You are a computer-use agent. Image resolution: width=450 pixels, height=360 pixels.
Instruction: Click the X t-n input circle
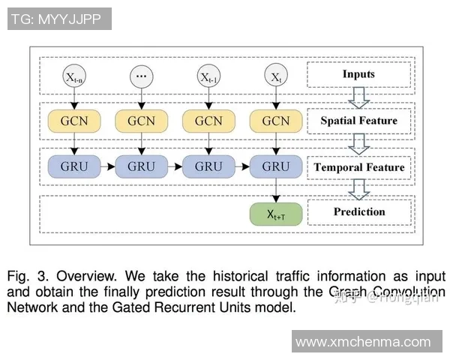click(x=73, y=76)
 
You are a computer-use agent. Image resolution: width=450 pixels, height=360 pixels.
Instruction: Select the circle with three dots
click(x=141, y=76)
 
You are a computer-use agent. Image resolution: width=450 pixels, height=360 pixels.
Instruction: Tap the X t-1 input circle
click(x=208, y=76)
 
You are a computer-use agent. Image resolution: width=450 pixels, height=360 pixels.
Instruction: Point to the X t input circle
click(x=275, y=76)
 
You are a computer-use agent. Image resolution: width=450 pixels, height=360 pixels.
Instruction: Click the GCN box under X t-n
click(x=73, y=121)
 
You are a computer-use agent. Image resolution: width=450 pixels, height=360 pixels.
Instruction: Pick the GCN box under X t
click(x=275, y=121)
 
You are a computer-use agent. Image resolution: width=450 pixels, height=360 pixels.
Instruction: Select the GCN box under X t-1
click(x=208, y=121)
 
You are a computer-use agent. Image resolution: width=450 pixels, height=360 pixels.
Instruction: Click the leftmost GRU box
click(x=73, y=166)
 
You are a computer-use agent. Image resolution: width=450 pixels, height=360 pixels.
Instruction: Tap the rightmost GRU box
click(x=275, y=166)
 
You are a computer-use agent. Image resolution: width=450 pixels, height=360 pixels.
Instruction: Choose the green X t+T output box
click(x=275, y=214)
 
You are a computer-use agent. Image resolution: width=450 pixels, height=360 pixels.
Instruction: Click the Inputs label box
click(x=358, y=75)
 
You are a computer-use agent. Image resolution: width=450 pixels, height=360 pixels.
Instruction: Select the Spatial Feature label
click(x=358, y=120)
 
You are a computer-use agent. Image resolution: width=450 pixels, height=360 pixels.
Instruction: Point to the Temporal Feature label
click(x=358, y=166)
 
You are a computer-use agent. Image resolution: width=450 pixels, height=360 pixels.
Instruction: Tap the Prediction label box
click(x=358, y=211)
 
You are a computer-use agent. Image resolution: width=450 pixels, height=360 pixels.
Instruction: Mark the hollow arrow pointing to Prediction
click(x=358, y=189)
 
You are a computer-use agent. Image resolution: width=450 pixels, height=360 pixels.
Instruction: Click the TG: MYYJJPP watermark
click(x=59, y=19)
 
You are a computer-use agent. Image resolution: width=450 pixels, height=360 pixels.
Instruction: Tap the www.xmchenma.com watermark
click(x=364, y=341)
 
